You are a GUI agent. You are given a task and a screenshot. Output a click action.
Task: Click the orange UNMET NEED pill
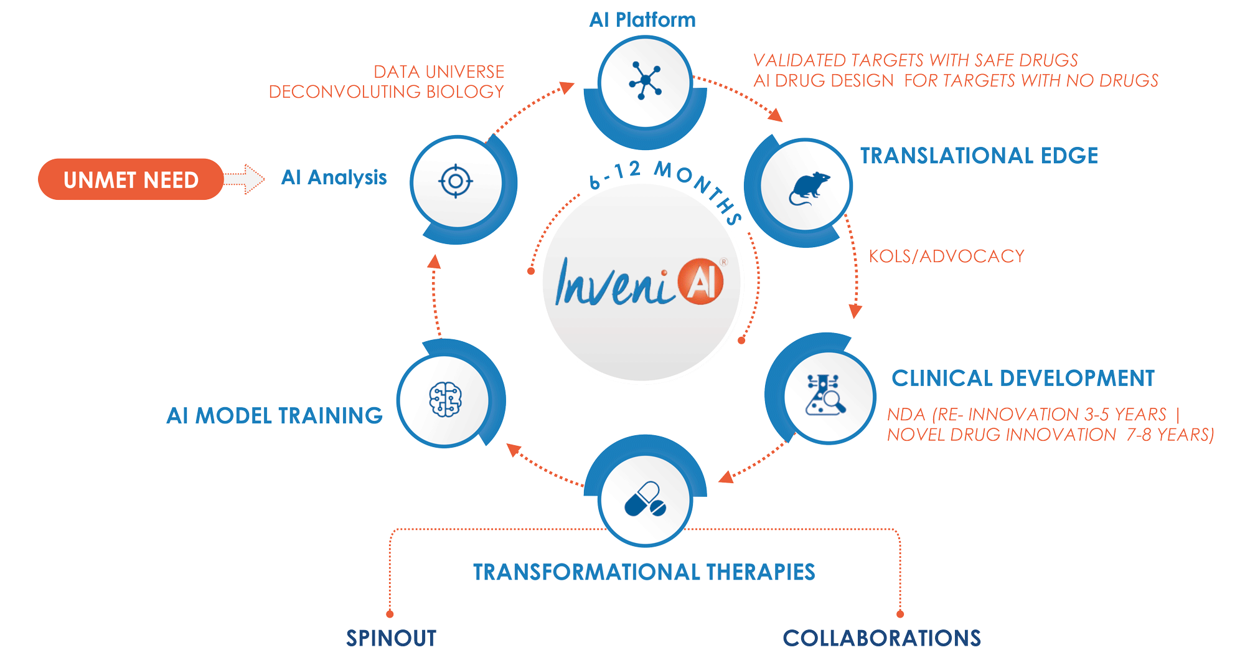pos(131,179)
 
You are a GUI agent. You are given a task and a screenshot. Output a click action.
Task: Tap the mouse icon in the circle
pos(808,188)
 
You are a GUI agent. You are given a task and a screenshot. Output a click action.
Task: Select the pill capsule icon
pos(646,499)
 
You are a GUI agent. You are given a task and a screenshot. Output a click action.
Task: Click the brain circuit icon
pos(445,399)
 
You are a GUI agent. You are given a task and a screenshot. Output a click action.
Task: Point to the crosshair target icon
pos(456,181)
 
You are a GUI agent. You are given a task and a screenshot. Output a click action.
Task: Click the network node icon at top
pos(646,81)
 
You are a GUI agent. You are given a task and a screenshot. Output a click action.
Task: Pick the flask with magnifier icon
pos(825,395)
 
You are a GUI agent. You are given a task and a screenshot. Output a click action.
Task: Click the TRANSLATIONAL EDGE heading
pos(979,156)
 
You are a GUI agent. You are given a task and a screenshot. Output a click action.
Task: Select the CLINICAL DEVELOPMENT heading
pos(1023,378)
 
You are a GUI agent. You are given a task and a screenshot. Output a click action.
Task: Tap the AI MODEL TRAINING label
pos(275,415)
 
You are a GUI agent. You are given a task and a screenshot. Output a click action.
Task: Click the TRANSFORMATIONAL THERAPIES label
pos(644,572)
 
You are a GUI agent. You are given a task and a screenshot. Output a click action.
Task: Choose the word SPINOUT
pos(391,638)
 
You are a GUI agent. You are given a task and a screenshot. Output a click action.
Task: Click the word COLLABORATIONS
pos(881,638)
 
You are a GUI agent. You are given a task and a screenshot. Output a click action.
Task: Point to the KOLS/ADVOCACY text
pos(946,256)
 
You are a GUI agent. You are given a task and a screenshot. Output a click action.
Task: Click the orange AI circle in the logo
pos(701,281)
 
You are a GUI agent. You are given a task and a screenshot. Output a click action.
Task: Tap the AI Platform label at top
pos(642,20)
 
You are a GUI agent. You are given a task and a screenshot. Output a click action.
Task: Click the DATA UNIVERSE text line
pos(438,72)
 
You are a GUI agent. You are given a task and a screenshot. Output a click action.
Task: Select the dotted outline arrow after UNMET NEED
pos(245,179)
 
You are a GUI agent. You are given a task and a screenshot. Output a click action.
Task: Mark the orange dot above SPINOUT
pos(390,614)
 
